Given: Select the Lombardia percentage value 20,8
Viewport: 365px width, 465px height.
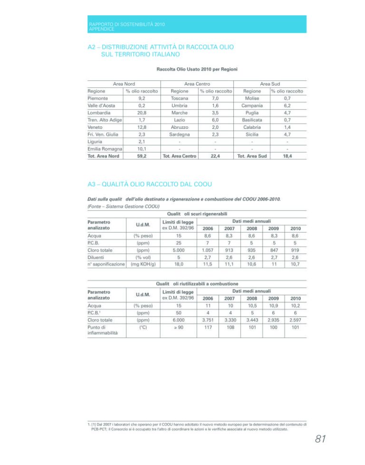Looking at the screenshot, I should pos(141,113).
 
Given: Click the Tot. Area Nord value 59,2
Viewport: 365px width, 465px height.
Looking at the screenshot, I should pos(141,155).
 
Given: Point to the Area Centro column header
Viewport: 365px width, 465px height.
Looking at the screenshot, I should pos(197,84).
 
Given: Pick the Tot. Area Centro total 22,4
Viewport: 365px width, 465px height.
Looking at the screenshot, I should pos(216,155).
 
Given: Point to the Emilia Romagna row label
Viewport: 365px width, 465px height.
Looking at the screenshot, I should pos(105,148).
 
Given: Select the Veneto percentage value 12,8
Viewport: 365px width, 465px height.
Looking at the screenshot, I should pos(141,127).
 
